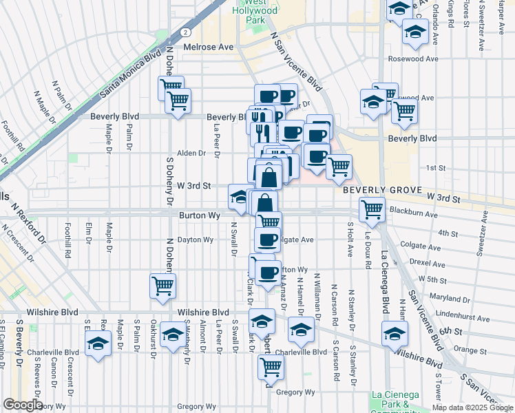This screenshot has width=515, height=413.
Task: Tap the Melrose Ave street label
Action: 209,47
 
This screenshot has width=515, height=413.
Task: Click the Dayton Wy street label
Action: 195,240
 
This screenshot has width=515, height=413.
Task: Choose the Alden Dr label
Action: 191,153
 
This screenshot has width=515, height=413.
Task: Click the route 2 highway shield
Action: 185,32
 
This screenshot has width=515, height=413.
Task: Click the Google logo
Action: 22,405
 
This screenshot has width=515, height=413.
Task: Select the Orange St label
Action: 470,350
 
